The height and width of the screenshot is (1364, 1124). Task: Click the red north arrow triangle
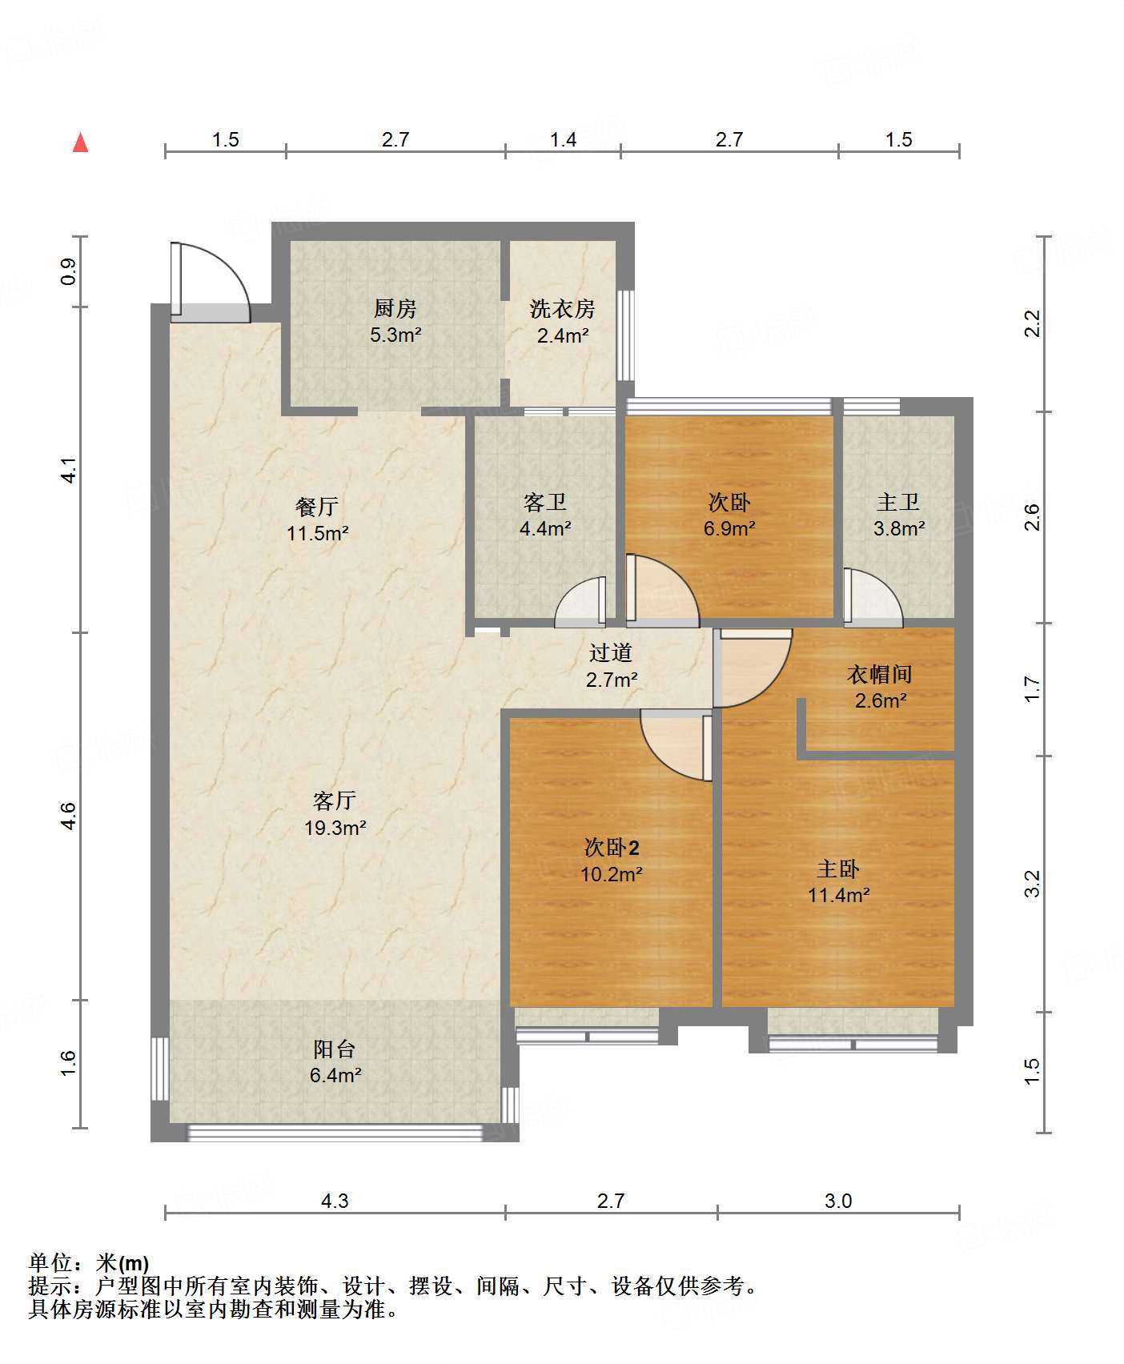point(81,142)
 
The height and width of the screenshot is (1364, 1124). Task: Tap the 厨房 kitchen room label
point(395,308)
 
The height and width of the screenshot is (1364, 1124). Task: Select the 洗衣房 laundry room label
point(563,308)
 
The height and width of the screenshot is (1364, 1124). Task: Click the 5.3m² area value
point(395,335)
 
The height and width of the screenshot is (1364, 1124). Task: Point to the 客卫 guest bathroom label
point(545,502)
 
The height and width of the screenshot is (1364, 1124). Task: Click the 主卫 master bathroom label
point(898,502)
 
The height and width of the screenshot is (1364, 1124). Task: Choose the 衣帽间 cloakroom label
point(880,674)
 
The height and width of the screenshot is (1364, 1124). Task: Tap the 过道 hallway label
point(611,652)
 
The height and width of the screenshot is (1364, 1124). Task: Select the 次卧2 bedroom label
point(612,847)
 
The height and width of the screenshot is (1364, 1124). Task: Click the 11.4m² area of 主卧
point(839,895)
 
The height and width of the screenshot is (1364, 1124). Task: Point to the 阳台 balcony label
point(335,1049)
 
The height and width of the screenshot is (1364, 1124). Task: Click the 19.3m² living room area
point(335,828)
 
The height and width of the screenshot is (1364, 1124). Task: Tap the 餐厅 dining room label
point(317,506)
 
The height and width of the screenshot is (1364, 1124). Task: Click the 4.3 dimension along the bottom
point(335,1201)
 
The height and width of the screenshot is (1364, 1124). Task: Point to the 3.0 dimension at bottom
point(838,1201)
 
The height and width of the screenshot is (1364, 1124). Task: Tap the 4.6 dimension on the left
point(69,816)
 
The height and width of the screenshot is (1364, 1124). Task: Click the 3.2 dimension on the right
point(1033,884)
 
